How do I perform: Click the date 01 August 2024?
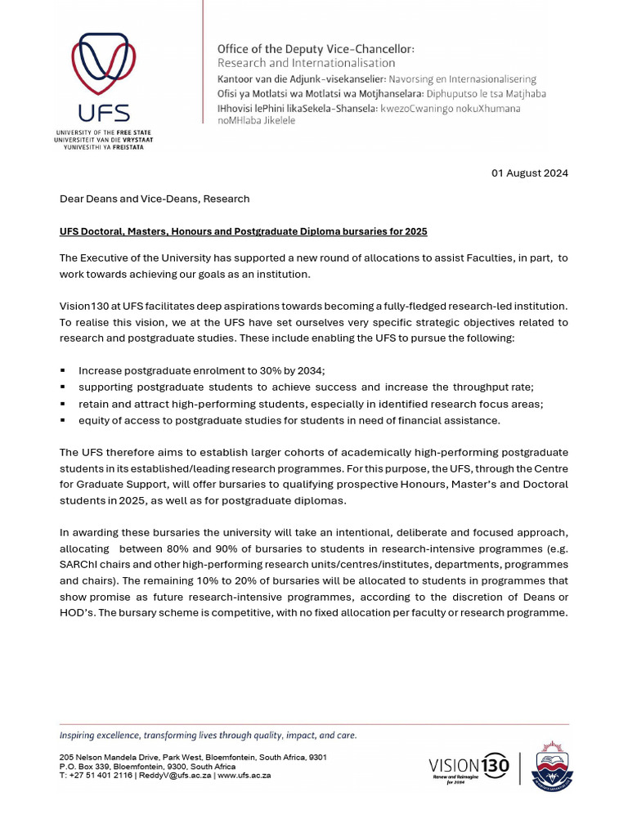(x=529, y=173)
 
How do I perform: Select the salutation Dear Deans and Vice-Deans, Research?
(x=155, y=199)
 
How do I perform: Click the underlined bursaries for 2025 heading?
(x=243, y=232)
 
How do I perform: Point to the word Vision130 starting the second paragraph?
(x=86, y=305)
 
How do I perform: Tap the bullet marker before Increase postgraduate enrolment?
(x=63, y=370)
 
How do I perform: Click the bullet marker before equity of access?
(x=63, y=420)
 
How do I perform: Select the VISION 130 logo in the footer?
(x=469, y=767)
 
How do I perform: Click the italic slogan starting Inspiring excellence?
(x=208, y=735)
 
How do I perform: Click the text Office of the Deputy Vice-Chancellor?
(x=316, y=50)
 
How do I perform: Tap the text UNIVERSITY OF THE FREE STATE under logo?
(x=103, y=132)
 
